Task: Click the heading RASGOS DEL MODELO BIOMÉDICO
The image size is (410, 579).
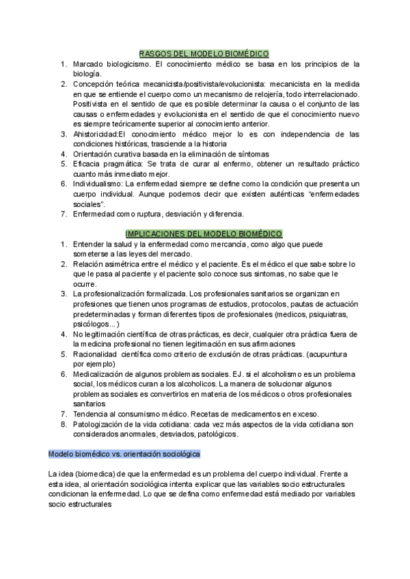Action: [x=204, y=53]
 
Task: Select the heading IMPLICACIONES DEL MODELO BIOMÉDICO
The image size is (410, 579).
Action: [x=204, y=233]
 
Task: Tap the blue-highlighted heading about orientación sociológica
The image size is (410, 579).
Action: [x=124, y=454]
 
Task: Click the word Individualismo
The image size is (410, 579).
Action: [x=97, y=184]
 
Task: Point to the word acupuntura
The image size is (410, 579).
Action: [x=336, y=354]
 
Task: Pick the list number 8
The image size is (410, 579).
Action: [x=64, y=424]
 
